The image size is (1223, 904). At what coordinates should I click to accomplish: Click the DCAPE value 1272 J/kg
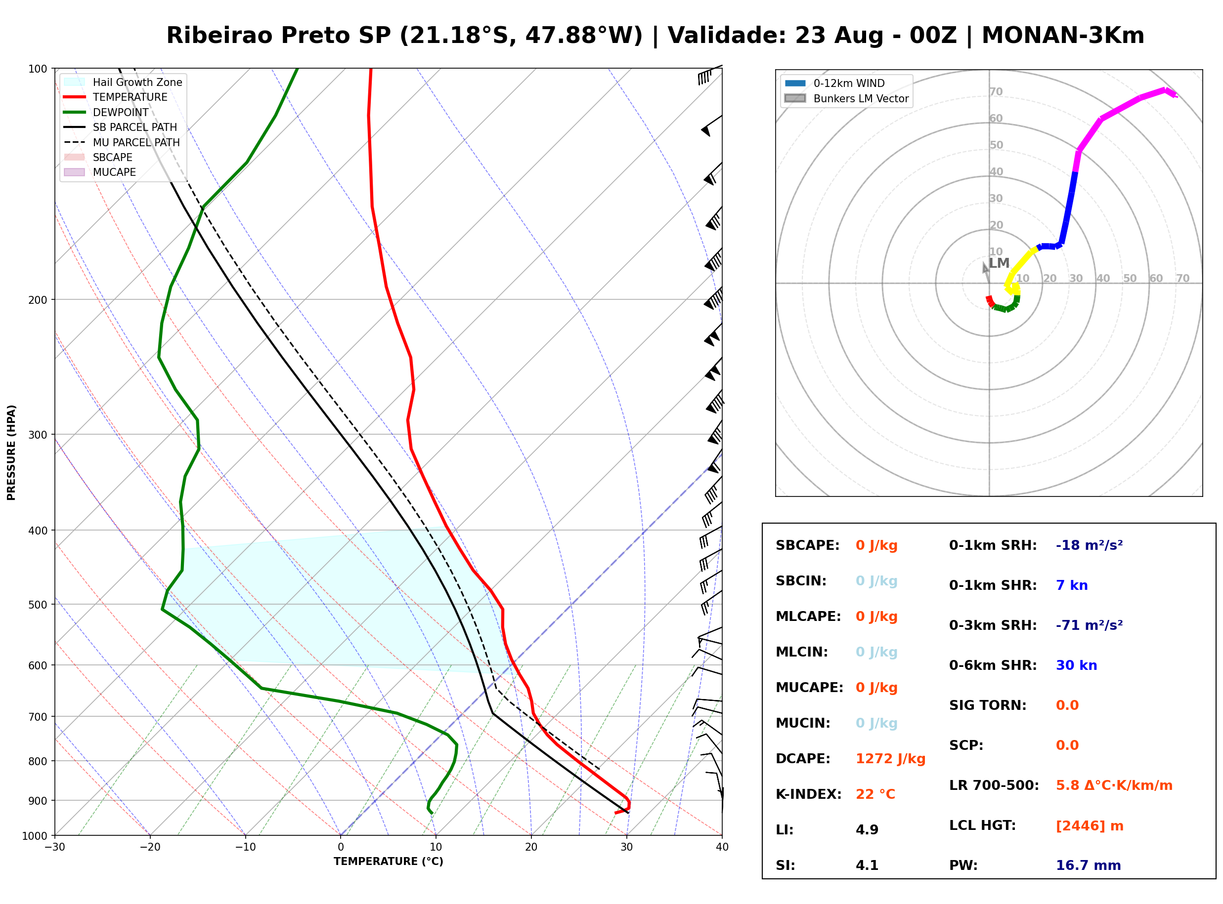890,759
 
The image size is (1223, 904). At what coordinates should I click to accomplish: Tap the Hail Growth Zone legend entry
123,82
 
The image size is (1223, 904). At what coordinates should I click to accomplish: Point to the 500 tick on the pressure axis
38,605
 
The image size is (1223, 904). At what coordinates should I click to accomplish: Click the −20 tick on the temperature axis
150,847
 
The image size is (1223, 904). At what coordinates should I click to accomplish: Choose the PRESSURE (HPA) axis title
11,452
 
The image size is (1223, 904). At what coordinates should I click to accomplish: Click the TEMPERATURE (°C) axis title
388,862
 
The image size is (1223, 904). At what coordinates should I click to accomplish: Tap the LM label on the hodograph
999,263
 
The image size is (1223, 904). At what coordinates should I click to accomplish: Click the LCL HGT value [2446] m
1090,826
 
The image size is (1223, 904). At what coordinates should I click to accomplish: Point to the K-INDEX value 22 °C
875,794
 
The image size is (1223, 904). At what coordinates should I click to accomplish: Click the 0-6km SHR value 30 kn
1076,665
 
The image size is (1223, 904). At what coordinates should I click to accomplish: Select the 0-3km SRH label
993,625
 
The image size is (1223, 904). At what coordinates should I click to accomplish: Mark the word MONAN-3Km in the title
1063,36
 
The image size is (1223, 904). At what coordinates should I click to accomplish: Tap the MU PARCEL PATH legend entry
122,142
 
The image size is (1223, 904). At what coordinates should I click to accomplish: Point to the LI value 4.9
867,830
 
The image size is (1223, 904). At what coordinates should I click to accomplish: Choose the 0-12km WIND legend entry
834,83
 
